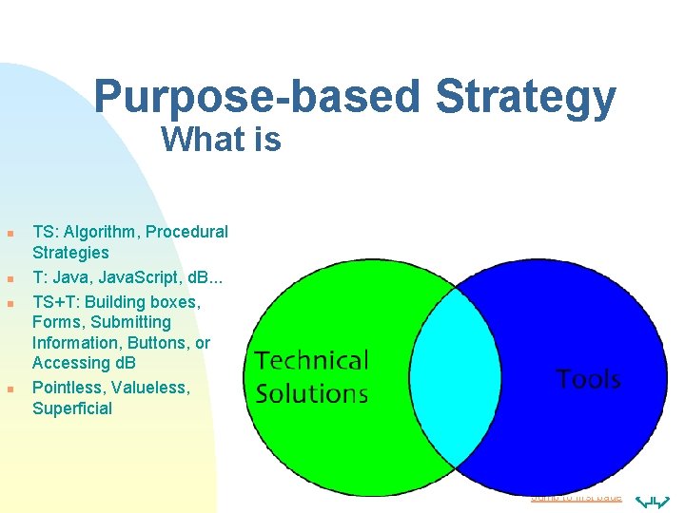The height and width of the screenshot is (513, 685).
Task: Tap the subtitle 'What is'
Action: [221, 141]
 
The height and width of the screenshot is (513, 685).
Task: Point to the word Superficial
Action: [72, 408]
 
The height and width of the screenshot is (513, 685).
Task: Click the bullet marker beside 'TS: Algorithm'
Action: [9, 233]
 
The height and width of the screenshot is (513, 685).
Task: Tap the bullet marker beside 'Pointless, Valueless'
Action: [9, 389]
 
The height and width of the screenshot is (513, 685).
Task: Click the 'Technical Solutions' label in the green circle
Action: [312, 376]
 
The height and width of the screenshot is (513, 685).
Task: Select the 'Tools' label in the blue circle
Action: [587, 379]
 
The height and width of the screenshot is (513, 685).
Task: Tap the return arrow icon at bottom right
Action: [654, 502]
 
